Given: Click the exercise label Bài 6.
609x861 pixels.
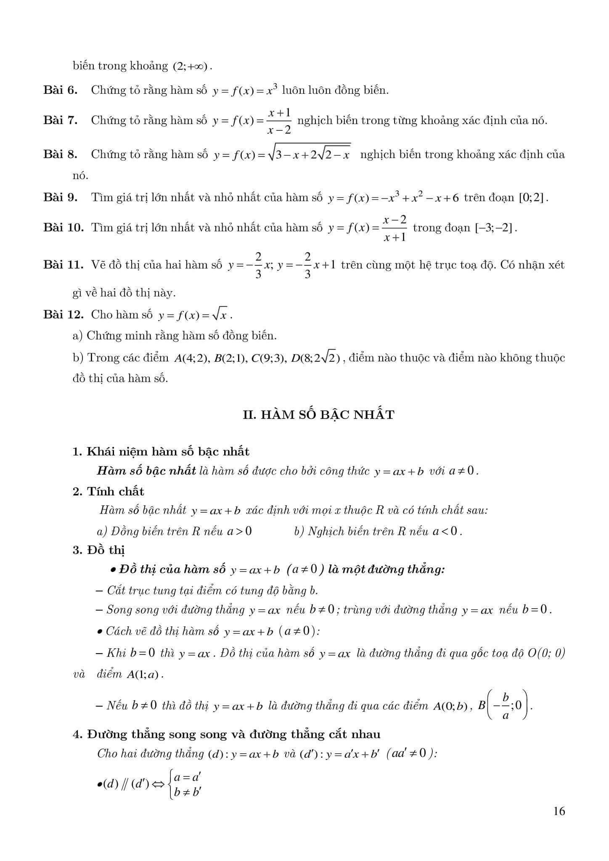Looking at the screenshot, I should (60, 90).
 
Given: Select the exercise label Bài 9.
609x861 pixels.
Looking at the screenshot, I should (60, 197).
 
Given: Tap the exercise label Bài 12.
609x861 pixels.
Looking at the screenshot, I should (64, 314).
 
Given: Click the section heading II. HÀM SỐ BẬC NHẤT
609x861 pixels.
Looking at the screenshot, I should (319, 415).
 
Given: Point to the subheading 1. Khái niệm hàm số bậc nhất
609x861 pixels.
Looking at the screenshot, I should (161, 452).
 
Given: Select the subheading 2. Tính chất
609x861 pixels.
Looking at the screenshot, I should (109, 491).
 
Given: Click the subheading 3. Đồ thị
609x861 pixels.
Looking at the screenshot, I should (99, 550).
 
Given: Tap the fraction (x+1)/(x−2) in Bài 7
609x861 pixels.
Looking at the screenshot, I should (279, 121).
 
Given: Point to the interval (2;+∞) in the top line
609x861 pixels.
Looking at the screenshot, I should (190, 66).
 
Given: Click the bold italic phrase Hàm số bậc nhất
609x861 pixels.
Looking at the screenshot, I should (146, 471).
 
